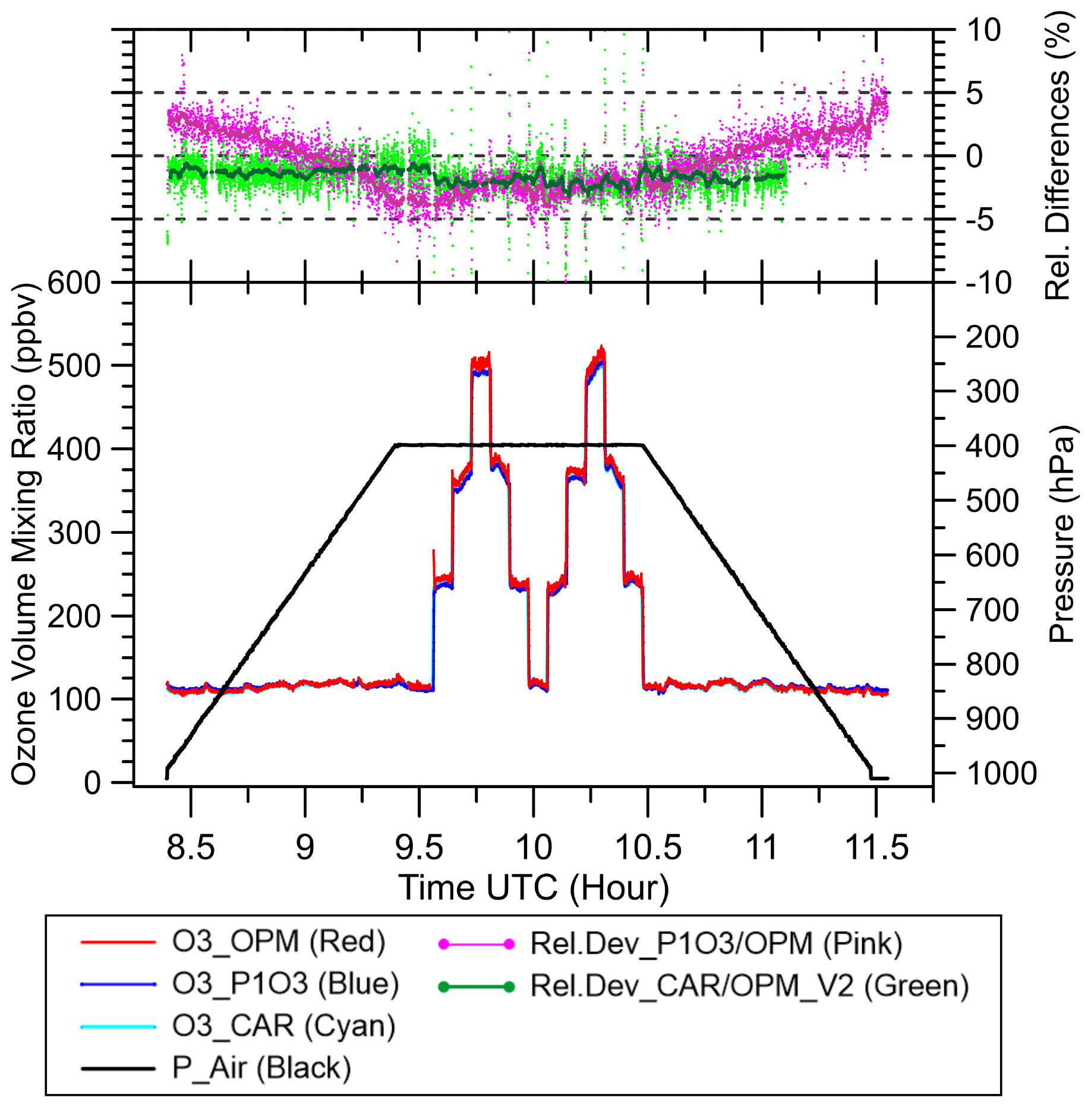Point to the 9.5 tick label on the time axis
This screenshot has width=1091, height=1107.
point(419,847)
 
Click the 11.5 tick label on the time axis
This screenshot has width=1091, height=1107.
point(876,847)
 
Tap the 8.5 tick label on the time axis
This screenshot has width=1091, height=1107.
point(190,847)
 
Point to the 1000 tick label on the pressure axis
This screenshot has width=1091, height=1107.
point(1001,774)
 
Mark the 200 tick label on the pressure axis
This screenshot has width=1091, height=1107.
point(992,337)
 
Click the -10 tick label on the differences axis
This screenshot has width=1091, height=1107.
point(989,283)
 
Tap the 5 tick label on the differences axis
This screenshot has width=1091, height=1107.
point(975,93)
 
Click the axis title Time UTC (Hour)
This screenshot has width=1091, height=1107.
point(533,888)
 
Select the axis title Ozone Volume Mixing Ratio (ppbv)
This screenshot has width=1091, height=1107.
point(25,534)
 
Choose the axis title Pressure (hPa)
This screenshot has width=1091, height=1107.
point(1062,534)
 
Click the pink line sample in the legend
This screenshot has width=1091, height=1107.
point(476,944)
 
